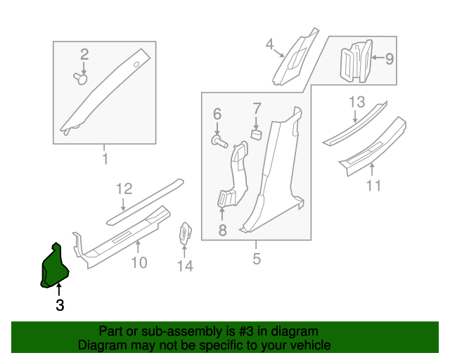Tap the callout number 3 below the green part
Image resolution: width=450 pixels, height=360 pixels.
60,305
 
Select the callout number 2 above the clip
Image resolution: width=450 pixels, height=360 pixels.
84,54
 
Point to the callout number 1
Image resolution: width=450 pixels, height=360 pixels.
105,159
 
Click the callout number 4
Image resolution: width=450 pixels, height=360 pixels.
269,46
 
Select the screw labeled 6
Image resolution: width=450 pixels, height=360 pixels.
219,142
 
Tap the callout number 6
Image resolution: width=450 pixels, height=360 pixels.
217,114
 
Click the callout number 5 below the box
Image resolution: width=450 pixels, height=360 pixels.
257,259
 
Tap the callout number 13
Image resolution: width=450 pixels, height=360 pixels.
357,103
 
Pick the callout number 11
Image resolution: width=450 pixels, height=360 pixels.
373,186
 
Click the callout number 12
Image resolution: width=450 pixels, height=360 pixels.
124,188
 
